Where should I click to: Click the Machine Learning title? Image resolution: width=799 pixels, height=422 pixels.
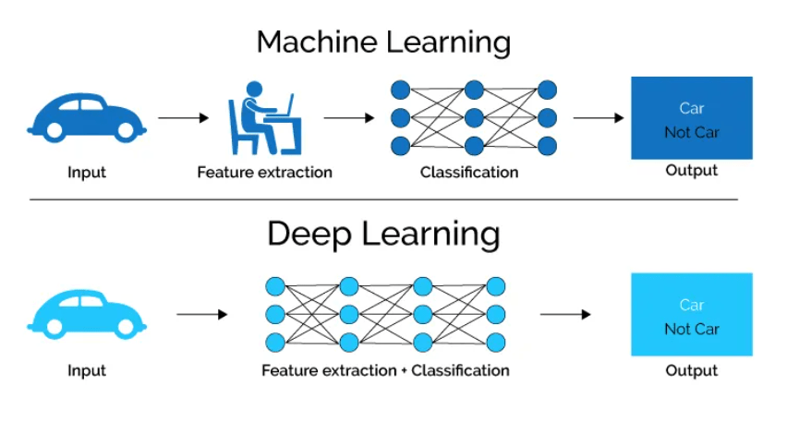click(x=383, y=42)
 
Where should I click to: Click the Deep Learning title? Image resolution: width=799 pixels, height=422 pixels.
click(x=383, y=235)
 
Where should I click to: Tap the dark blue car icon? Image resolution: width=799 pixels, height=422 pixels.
click(x=87, y=117)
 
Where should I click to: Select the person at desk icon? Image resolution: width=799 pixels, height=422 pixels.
click(x=264, y=117)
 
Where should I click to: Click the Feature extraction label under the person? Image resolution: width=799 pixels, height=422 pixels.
click(x=264, y=173)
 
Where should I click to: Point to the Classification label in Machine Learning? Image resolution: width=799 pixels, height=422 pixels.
click(x=469, y=173)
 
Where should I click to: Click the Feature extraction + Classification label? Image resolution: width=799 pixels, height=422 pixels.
click(x=385, y=370)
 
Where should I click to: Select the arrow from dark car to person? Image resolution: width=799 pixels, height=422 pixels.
click(x=184, y=118)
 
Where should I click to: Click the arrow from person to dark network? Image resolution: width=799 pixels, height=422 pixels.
click(x=349, y=118)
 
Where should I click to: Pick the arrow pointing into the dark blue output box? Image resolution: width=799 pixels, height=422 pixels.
click(x=599, y=118)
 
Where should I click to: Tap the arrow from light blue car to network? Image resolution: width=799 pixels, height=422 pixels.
click(x=201, y=315)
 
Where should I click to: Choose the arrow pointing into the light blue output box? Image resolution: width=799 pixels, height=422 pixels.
click(x=565, y=315)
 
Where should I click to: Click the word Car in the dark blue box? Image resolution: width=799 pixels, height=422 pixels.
click(x=692, y=108)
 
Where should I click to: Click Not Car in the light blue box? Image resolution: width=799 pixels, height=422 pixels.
click(x=692, y=330)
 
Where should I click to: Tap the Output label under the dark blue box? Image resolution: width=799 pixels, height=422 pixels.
click(x=692, y=170)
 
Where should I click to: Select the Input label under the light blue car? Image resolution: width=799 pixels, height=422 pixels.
click(x=87, y=370)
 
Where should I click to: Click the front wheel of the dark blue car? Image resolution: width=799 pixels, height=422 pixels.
click(x=125, y=131)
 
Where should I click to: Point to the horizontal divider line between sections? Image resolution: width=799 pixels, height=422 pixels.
click(x=383, y=199)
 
